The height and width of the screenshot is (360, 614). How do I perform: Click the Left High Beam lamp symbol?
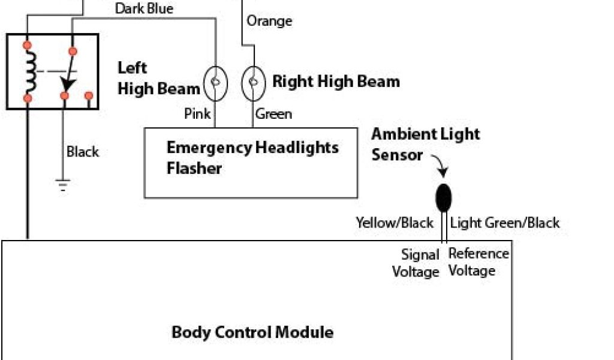click(216, 83)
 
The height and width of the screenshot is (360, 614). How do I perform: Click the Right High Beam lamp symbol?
click(253, 83)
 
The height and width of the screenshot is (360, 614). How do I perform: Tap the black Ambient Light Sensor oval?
click(443, 197)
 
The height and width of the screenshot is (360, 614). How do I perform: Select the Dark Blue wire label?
click(144, 8)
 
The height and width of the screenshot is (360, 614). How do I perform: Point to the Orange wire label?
click(269, 21)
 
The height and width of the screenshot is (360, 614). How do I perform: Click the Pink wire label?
click(197, 113)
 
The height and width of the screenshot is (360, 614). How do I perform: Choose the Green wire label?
click(273, 113)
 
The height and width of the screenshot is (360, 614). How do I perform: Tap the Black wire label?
click(83, 152)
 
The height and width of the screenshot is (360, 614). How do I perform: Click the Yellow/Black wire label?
click(394, 223)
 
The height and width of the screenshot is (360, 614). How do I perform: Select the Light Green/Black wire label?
click(504, 223)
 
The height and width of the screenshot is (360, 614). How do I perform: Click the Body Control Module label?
click(252, 332)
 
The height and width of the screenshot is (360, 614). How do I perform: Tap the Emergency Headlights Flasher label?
click(252, 157)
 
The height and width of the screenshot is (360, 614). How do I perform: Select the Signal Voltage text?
click(416, 263)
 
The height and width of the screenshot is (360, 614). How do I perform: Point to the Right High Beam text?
click(336, 82)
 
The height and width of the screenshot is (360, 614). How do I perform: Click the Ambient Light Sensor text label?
click(425, 143)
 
